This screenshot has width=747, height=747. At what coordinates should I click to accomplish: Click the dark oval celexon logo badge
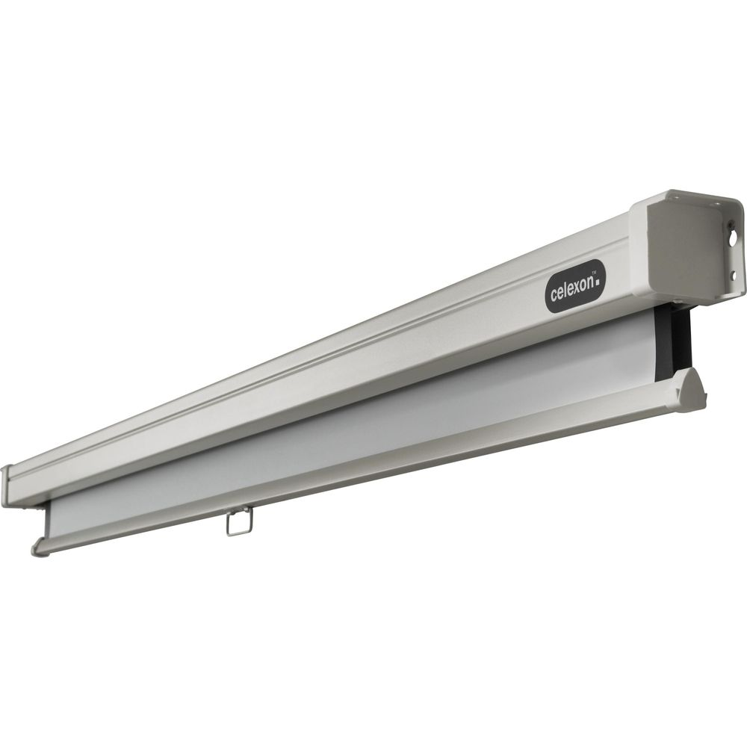point(575,286)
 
